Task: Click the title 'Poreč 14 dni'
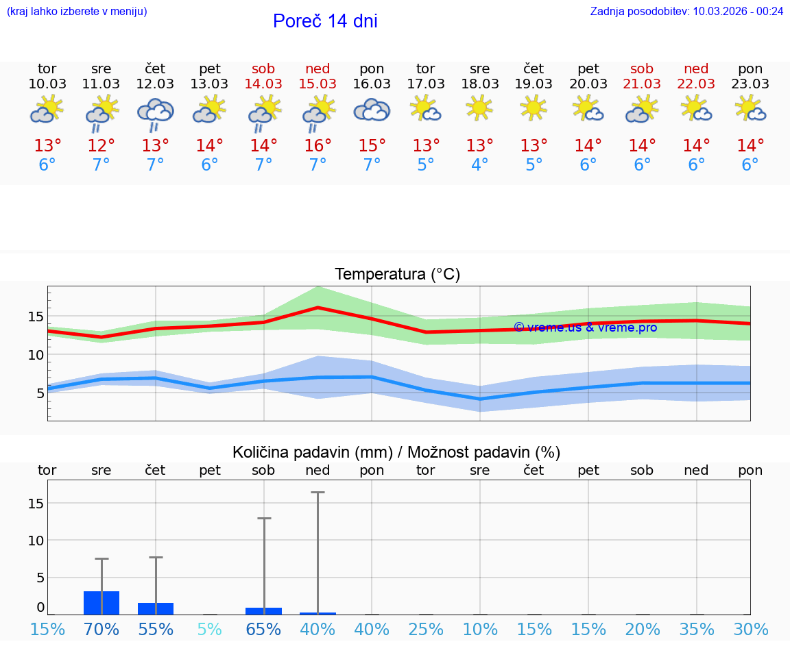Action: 325,21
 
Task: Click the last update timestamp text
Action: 686,11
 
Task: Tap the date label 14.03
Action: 263,84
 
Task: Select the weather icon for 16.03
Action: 372,110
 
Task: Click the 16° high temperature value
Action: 318,146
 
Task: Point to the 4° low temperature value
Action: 480,165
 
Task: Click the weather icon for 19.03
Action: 534,108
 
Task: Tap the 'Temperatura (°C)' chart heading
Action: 397,275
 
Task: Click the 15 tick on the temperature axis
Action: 36,317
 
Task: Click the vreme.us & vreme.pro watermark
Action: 586,327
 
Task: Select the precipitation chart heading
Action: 396,452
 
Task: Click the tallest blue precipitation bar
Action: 101,603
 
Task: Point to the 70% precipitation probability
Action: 101,630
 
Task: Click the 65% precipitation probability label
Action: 263,630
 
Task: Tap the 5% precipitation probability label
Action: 210,630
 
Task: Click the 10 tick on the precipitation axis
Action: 36,541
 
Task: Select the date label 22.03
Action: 696,84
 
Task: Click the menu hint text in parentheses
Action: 77,11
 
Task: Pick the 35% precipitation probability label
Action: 697,630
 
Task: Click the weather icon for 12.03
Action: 156,112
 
